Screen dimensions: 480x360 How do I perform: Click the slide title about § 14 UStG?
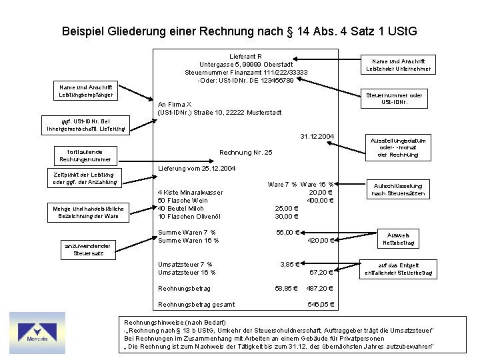239,31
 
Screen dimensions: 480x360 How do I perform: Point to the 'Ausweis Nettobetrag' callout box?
399,239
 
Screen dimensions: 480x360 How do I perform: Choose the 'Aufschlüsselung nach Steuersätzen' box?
399,189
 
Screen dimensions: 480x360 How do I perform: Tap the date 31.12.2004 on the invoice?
317,137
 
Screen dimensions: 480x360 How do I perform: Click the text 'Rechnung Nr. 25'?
246,153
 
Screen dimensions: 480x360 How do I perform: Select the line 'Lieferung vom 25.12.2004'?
197,169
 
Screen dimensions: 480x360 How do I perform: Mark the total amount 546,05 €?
321,305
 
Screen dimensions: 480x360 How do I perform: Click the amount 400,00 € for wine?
320,200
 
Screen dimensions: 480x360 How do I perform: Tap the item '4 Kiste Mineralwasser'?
190,193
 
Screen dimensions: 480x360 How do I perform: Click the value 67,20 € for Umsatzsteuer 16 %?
321,273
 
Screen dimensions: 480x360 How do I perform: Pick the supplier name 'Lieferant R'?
245,56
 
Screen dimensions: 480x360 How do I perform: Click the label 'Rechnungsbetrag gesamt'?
196,305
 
